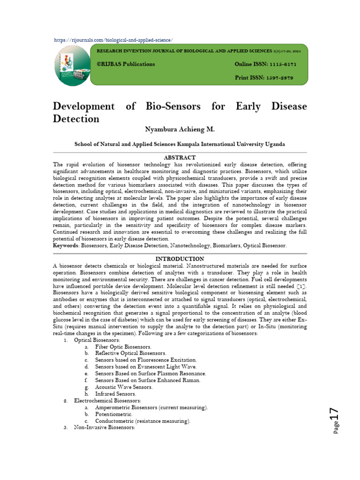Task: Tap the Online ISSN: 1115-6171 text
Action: pos(265,64)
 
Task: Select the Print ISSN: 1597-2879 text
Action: pos(263,78)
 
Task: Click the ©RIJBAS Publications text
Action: pos(126,64)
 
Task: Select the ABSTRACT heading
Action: pos(180,157)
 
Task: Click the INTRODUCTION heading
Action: pos(180,259)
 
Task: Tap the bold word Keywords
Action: pos(66,246)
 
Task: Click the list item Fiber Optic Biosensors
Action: pos(123,346)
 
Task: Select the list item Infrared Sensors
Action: pos(115,394)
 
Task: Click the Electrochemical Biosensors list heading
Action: pos(107,401)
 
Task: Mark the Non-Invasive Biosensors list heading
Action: pos(105,428)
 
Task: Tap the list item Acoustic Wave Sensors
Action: pos(124,387)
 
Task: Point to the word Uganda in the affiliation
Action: pos(274,144)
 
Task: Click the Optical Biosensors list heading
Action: pos(97,340)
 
